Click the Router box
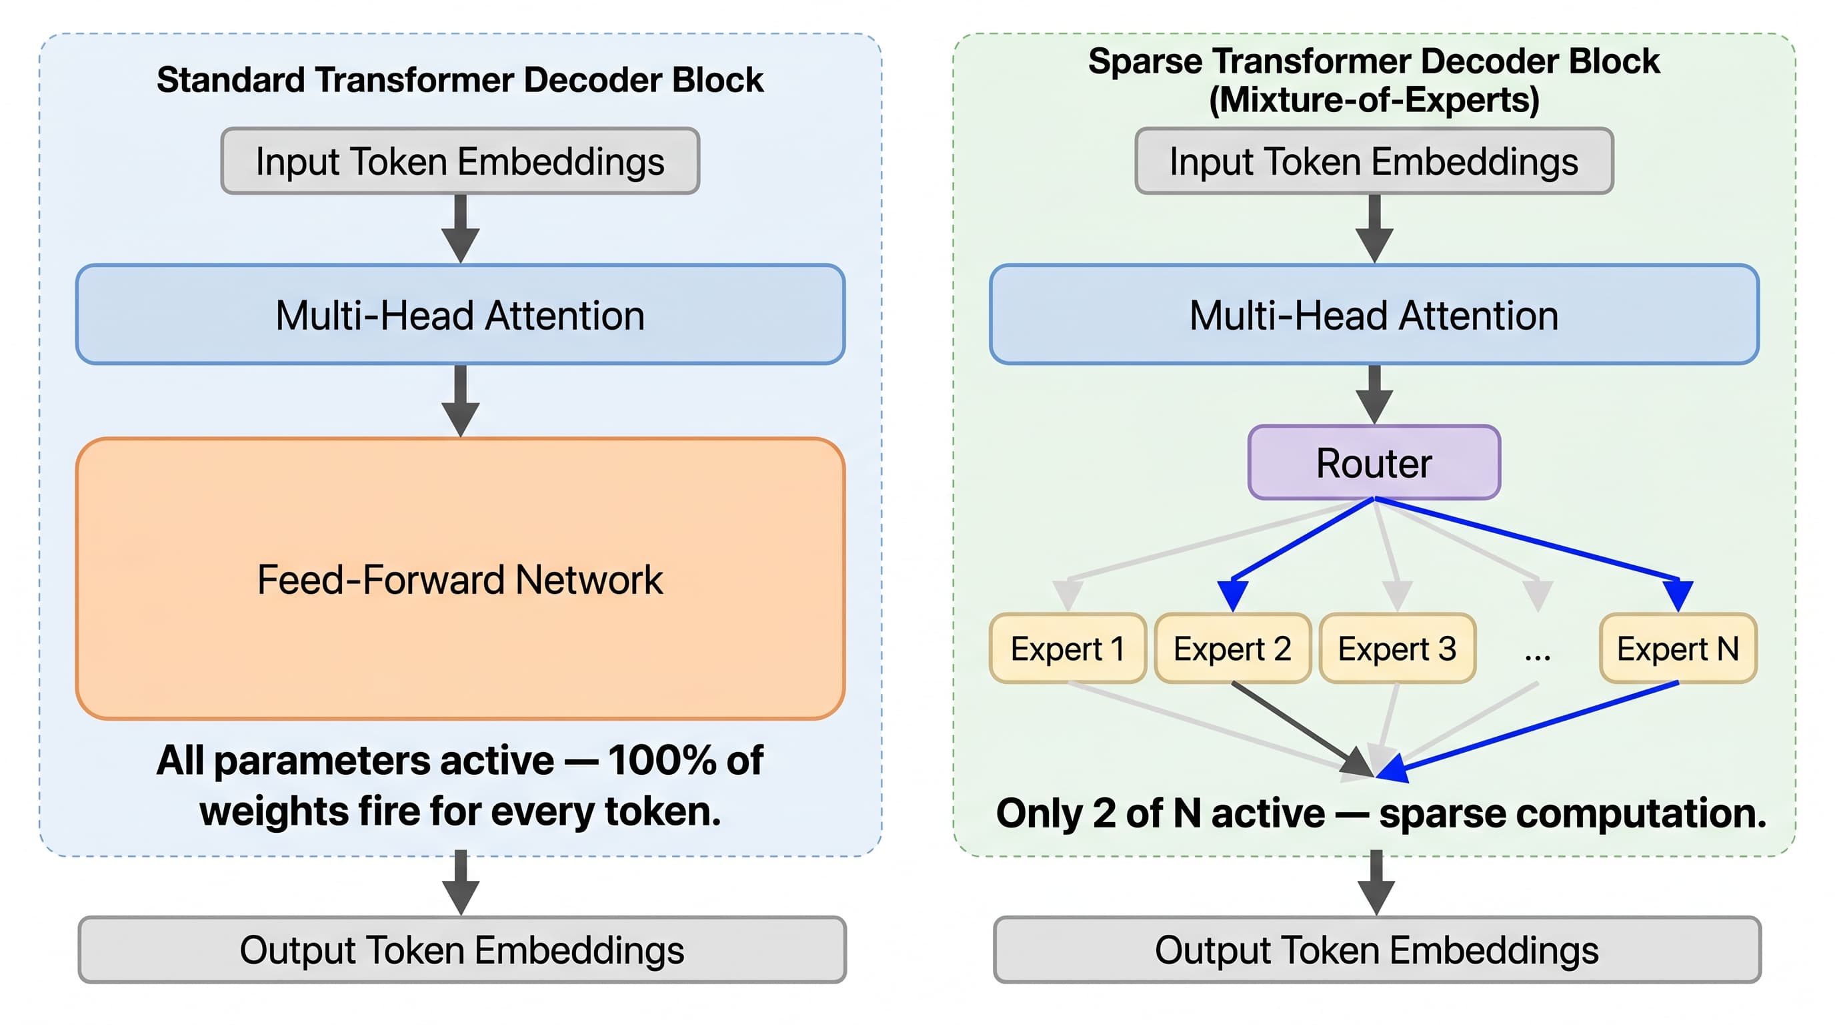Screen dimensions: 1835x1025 1374,462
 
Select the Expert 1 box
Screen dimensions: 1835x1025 1067,648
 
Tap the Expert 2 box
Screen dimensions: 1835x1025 1232,648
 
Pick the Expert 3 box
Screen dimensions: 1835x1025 1397,648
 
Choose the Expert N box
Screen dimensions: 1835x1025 1678,648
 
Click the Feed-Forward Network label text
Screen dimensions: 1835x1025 460,579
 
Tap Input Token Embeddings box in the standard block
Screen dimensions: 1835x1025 460,160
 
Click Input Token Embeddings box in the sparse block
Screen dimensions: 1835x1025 1374,160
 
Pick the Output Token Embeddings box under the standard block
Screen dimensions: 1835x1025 461,950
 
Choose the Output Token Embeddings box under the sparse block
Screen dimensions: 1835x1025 1376,950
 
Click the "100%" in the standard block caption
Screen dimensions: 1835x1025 661,760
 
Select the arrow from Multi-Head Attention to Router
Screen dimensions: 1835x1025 1374,395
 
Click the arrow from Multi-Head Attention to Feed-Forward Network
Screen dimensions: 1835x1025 460,400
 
